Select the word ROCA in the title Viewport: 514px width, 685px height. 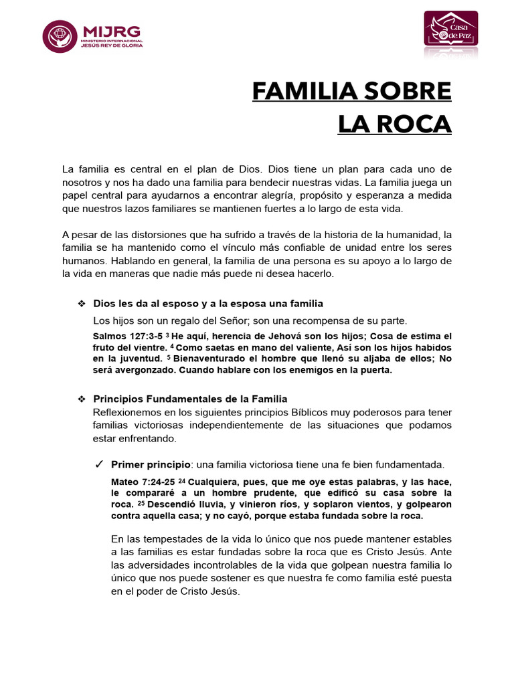(x=418, y=124)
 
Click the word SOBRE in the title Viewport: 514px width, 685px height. (x=413, y=91)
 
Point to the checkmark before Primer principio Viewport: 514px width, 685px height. (x=98, y=464)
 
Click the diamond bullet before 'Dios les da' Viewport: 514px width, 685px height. (x=81, y=304)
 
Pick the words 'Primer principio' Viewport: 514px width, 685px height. (x=151, y=464)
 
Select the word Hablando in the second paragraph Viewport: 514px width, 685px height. (x=133, y=260)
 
